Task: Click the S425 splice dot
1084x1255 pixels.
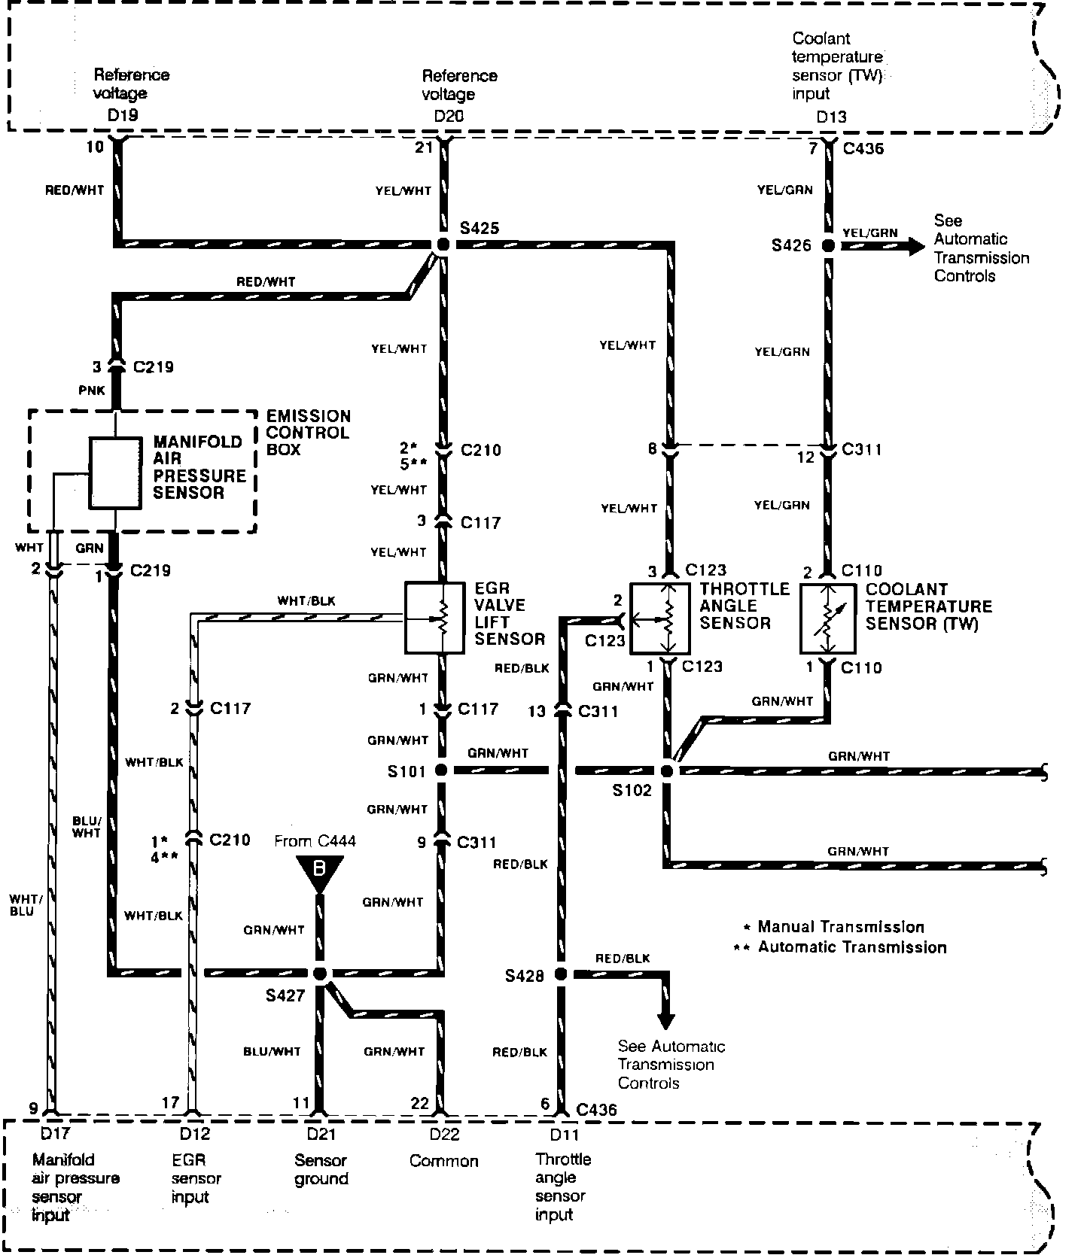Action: [x=443, y=245]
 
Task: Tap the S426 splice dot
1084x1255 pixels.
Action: [x=828, y=245]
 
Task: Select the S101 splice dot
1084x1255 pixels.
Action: [x=441, y=770]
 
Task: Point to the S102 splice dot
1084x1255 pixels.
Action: [x=666, y=770]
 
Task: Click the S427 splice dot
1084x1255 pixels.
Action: [x=320, y=974]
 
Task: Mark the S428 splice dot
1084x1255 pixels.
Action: [x=560, y=974]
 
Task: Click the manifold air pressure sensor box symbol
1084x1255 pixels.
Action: [x=115, y=473]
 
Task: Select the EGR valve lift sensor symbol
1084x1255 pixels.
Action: [x=434, y=617]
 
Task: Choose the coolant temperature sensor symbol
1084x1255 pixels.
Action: [x=827, y=618]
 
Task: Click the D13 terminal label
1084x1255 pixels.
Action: [x=831, y=117]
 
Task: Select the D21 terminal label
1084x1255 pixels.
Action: [x=321, y=1134]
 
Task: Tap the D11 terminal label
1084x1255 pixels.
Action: [x=560, y=1134]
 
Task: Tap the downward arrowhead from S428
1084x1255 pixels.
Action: [x=665, y=1021]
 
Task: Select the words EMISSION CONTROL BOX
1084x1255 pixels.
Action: [x=308, y=433]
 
